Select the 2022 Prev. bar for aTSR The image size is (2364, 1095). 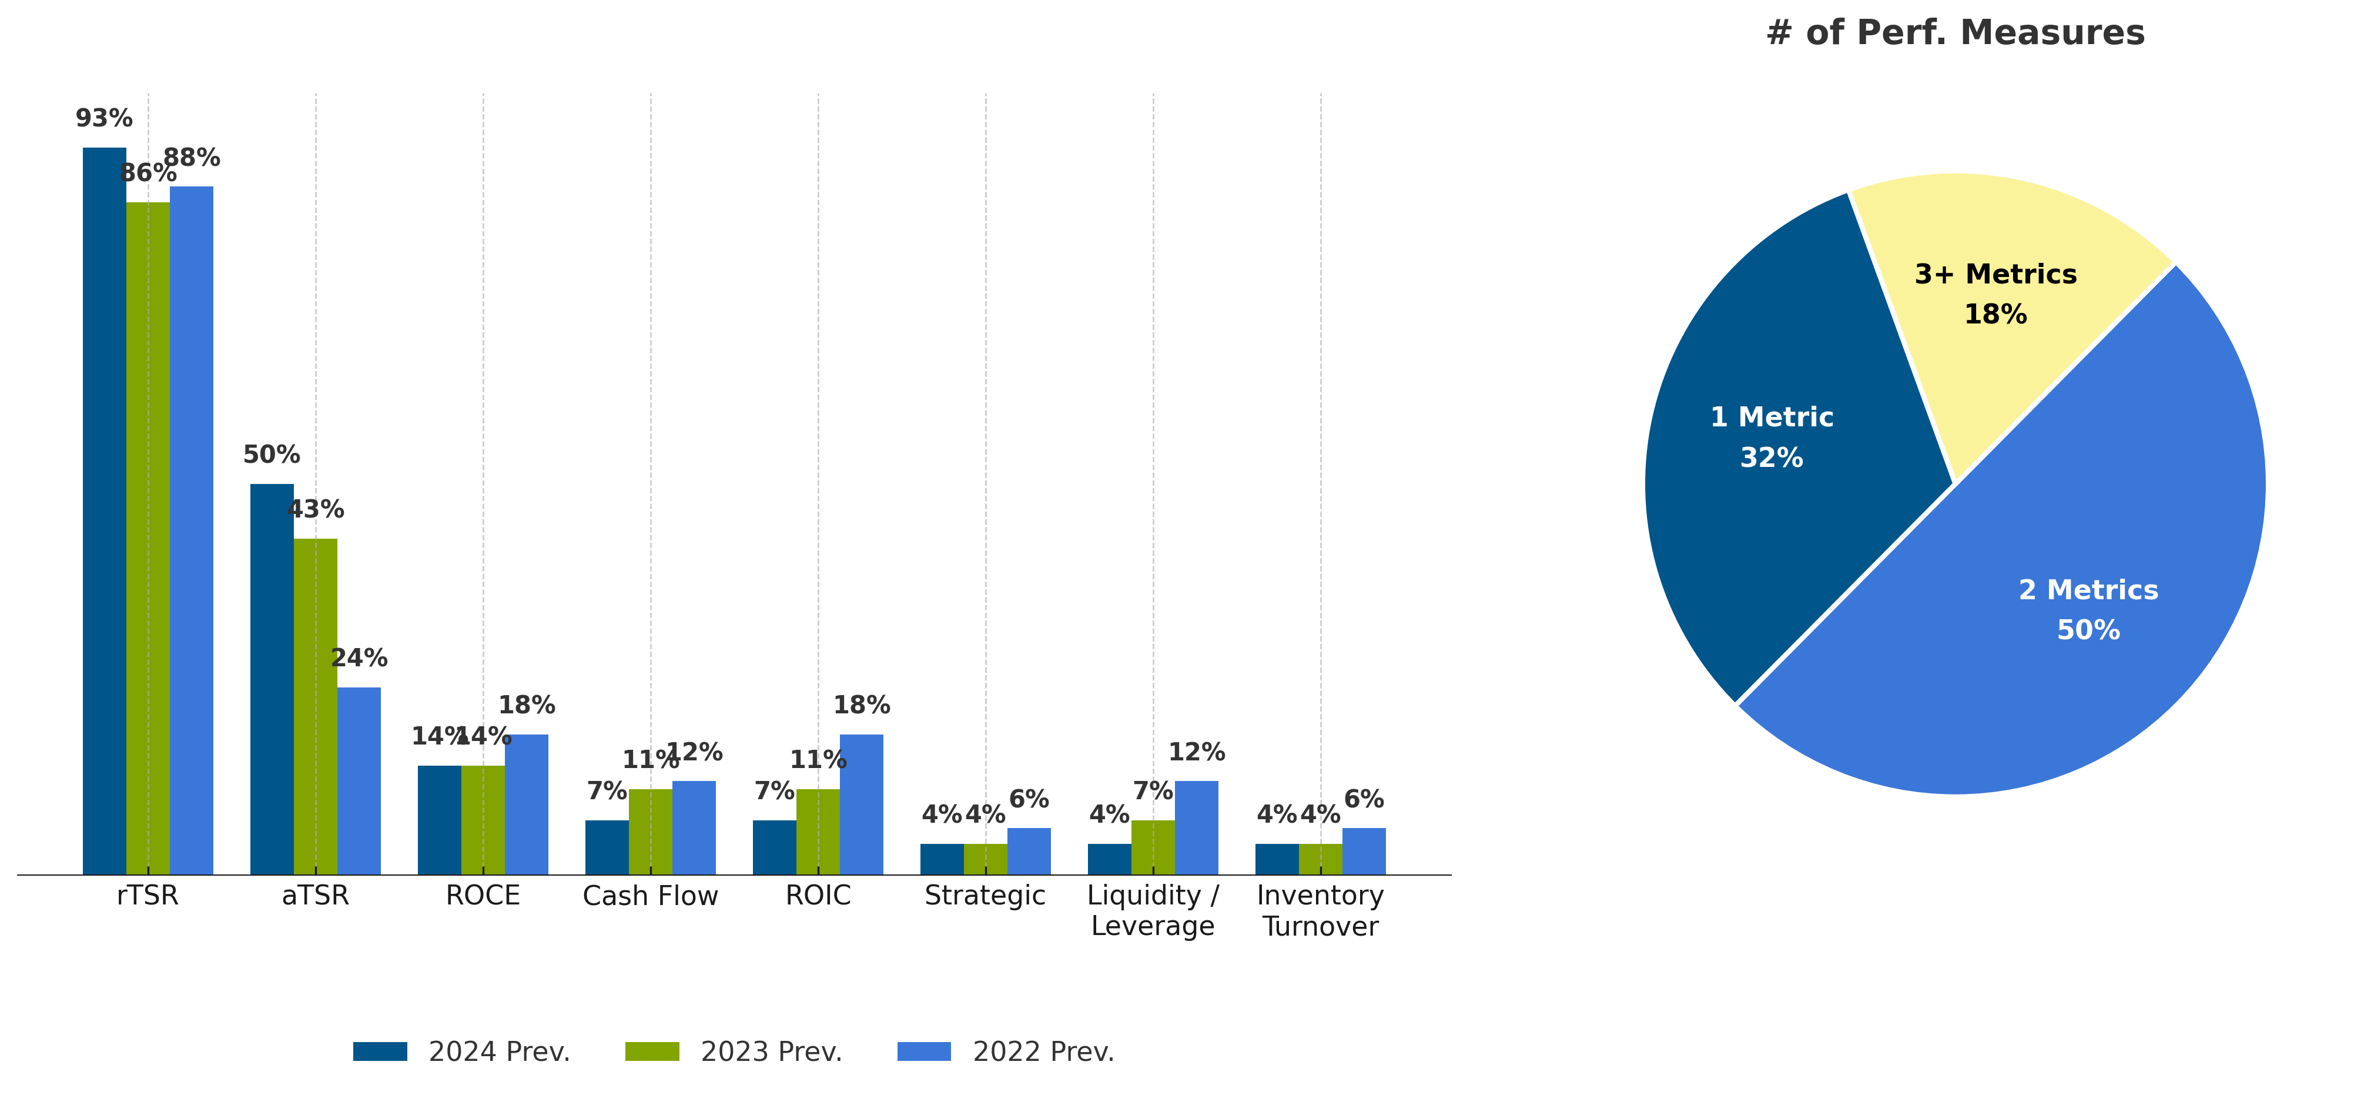(x=359, y=780)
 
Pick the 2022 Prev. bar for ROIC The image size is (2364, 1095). (x=861, y=804)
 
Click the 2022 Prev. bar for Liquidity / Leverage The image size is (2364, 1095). (x=1196, y=827)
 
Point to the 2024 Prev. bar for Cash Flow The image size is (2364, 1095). (x=607, y=846)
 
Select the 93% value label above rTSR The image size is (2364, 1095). (x=103, y=118)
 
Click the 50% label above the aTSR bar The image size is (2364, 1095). (x=272, y=455)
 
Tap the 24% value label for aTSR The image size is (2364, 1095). (x=359, y=658)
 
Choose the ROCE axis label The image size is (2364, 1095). (x=483, y=896)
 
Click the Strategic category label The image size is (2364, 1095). (x=985, y=896)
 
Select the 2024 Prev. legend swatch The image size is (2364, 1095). (x=380, y=1052)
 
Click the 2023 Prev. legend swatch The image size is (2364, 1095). (x=652, y=1052)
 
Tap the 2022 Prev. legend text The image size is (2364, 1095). (x=1043, y=1052)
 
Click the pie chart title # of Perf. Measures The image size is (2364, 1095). (x=1955, y=33)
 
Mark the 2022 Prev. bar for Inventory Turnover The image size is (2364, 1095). (x=1364, y=851)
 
